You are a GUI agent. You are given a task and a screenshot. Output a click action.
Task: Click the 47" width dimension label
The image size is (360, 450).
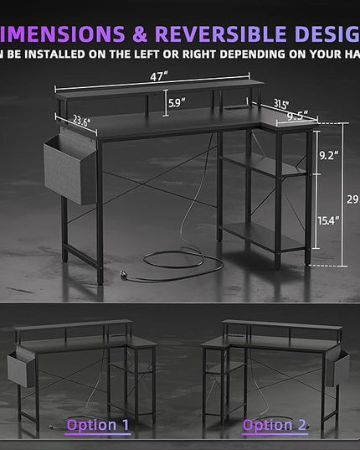(x=157, y=75)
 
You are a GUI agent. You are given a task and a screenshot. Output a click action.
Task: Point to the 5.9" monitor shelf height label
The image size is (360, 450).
(x=175, y=104)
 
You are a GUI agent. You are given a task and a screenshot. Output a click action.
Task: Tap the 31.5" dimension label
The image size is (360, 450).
(x=283, y=105)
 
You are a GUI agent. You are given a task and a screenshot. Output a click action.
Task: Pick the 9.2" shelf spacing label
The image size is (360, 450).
(x=329, y=156)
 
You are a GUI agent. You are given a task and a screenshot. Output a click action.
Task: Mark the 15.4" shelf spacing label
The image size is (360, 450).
(x=328, y=220)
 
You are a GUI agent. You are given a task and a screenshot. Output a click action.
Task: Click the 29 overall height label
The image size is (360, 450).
(x=352, y=199)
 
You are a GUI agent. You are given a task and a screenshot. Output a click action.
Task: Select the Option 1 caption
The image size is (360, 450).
(x=98, y=425)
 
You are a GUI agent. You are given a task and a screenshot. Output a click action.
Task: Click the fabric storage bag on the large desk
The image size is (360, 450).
(x=70, y=167)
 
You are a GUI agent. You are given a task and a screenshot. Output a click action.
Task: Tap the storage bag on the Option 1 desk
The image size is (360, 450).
(x=21, y=368)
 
